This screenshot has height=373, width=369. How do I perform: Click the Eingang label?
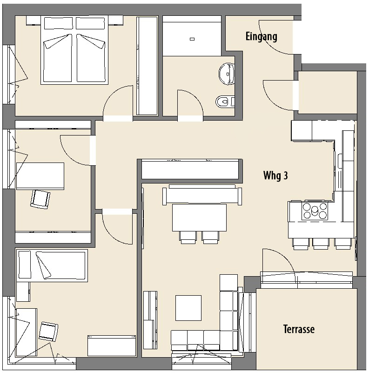(x=262, y=37)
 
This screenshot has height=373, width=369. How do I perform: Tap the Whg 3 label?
(x=275, y=175)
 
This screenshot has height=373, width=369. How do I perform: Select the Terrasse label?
(x=299, y=329)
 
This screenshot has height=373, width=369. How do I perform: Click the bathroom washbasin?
(x=227, y=74)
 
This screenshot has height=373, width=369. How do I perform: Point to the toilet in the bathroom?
(x=225, y=102)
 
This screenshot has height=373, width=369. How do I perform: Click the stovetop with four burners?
(x=315, y=210)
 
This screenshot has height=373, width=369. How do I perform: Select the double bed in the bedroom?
(x=74, y=50)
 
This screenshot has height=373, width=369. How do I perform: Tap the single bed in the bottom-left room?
(x=52, y=265)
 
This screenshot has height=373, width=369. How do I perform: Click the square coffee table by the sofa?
(x=188, y=308)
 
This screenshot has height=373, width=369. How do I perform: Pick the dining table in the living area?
(x=199, y=217)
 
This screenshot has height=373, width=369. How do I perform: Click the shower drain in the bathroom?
(x=192, y=39)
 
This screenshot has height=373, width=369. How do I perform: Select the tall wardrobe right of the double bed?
(x=147, y=66)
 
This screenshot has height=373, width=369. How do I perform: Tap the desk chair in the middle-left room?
(x=40, y=199)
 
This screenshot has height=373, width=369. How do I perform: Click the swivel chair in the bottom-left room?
(x=48, y=332)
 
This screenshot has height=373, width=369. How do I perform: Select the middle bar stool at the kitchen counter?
(x=321, y=244)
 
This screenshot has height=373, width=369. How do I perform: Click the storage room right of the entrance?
(x=328, y=92)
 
